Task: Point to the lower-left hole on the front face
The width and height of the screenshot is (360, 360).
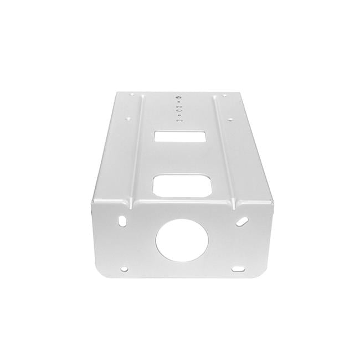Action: click(124, 270)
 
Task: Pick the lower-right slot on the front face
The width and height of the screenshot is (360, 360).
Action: click(239, 270)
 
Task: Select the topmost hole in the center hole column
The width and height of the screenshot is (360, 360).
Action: click(179, 96)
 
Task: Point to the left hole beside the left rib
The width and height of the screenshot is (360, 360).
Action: click(128, 118)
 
